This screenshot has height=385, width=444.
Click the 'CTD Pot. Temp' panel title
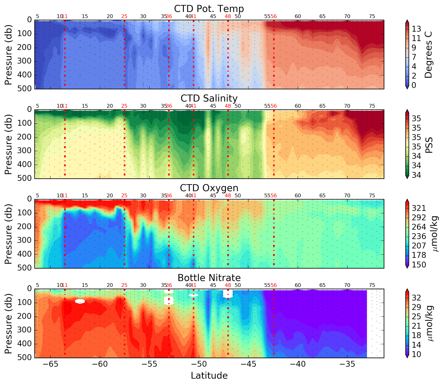pyautogui.click(x=209, y=9)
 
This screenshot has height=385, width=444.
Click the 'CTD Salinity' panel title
pyautogui.click(x=209, y=98)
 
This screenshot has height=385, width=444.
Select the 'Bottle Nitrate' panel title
pyautogui.click(x=209, y=278)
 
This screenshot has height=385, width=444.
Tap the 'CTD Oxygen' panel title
pyautogui.click(x=209, y=188)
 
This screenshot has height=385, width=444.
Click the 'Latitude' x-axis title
pyautogui.click(x=209, y=375)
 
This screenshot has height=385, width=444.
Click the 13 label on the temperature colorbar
pyautogui.click(x=416, y=29)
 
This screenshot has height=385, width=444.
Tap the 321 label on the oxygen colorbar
pyautogui.click(x=419, y=208)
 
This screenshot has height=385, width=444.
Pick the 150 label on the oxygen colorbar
pyautogui.click(x=419, y=265)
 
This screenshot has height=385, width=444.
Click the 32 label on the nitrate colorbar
pyautogui.click(x=416, y=298)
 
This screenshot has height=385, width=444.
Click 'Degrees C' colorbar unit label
pyautogui.click(x=428, y=55)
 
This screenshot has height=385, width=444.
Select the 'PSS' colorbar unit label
pyautogui.click(x=429, y=145)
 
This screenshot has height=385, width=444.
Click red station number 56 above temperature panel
pyautogui.click(x=274, y=16)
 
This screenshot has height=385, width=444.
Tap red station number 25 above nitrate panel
pyautogui.click(x=124, y=285)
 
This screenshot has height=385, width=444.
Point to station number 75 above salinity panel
pyautogui.click(x=372, y=106)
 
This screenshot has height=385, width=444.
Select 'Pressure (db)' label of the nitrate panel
pyautogui.click(x=8, y=323)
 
